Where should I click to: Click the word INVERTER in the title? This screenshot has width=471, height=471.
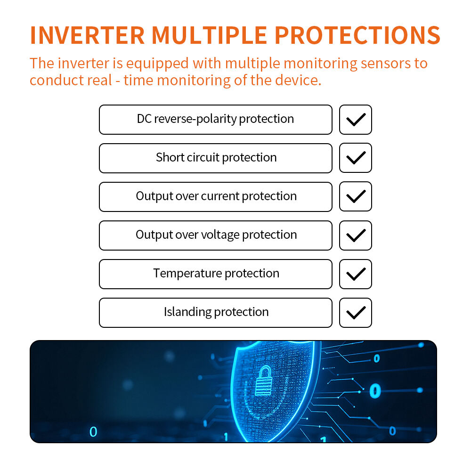(x=88, y=35)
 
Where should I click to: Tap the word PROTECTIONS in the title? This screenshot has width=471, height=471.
(x=357, y=35)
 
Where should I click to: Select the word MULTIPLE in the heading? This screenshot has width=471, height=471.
(x=210, y=35)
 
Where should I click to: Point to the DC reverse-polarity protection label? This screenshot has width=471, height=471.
(x=215, y=119)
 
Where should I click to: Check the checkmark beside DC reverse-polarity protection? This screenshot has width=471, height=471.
(x=356, y=120)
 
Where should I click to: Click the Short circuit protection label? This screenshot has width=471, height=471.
(x=216, y=157)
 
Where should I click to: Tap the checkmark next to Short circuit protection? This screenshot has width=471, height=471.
(x=356, y=158)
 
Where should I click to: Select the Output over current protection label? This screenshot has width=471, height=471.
(x=216, y=196)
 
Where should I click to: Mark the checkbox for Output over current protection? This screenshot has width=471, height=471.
(x=356, y=196)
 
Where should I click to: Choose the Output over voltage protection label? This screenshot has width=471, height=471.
(x=216, y=235)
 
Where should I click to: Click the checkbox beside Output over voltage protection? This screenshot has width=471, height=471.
(x=356, y=235)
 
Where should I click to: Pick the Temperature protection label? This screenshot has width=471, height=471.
(x=216, y=273)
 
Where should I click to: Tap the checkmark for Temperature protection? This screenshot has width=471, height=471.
(x=356, y=274)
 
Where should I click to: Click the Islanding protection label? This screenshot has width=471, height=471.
(x=216, y=312)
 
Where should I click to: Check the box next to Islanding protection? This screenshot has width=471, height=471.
(x=356, y=313)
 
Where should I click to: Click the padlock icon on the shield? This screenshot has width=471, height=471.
(x=264, y=381)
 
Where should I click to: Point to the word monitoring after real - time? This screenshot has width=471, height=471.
(x=194, y=80)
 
